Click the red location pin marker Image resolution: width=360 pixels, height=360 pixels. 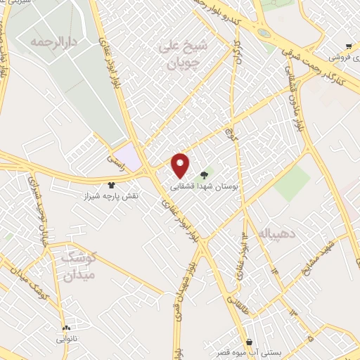tap(181, 165)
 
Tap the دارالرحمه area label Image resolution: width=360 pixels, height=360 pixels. tap(51, 41)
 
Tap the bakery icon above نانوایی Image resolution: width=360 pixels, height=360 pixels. tap(67, 328)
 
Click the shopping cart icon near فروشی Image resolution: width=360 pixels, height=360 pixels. tap(349, 46)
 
